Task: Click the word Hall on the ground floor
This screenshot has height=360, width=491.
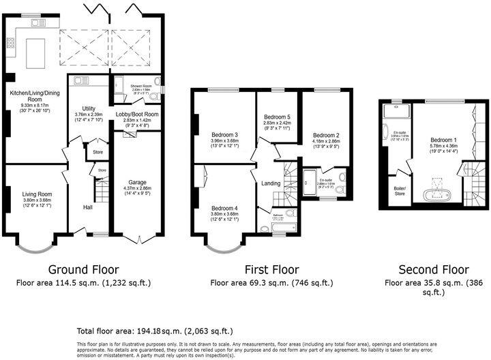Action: pos(89,207)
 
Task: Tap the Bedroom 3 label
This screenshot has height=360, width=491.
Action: pos(224,134)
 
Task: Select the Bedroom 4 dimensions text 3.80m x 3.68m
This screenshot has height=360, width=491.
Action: pos(224,214)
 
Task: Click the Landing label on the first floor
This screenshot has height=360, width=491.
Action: pos(271,183)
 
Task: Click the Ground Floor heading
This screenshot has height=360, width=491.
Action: pos(83,269)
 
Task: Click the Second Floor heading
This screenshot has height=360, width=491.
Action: pos(428,269)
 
